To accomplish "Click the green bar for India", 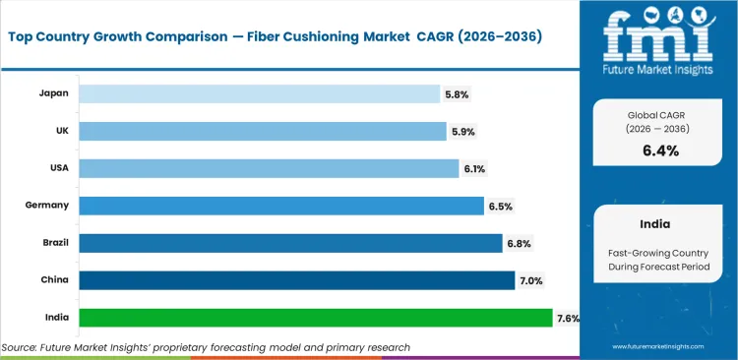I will coord(315,318).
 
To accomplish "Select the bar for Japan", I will coord(259,93).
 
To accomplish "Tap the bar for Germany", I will coord(281,206).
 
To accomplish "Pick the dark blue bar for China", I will coord(296,280).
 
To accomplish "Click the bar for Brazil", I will coord(290,243).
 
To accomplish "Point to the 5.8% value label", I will coord(457,94).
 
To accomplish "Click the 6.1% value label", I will coord(475,169).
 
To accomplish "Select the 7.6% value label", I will coord(568,319).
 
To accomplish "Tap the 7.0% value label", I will coord(530,281).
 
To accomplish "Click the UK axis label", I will coord(60,131).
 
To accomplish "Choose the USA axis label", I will coord(57,168).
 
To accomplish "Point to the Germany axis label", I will coord(47,206).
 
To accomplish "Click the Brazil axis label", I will coord(53,243).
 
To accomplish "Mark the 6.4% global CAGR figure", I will coord(660,150).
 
